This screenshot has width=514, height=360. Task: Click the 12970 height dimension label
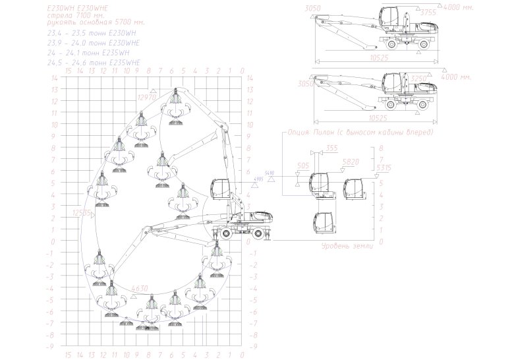146,98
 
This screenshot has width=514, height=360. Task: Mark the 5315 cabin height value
384,168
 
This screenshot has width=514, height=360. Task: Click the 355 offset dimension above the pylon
331,148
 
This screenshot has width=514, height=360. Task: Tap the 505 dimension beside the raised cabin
303,166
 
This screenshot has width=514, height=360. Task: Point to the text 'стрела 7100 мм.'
74,14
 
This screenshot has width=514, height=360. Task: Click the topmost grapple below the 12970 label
175,105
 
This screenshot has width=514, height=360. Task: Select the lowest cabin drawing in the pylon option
323,222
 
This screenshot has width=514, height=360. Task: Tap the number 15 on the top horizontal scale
68,70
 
